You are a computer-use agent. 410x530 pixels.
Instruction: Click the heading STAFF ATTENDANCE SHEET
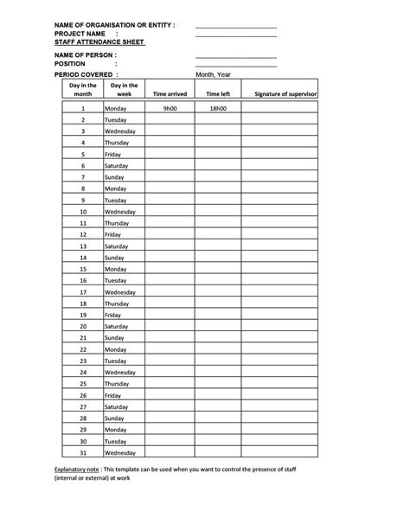tap(99, 41)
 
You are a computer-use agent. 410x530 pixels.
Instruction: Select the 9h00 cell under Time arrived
tap(170, 109)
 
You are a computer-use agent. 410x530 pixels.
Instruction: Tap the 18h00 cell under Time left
tap(217, 109)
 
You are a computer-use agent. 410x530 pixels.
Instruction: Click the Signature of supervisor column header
tap(285, 93)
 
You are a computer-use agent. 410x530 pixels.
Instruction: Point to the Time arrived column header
tap(170, 93)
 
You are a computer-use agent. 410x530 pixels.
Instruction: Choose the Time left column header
tap(217, 93)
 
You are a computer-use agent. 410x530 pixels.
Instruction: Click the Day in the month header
tap(83, 89)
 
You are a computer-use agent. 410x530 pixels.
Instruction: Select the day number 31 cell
tap(83, 452)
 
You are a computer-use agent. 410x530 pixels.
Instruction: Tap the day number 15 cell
tap(83, 269)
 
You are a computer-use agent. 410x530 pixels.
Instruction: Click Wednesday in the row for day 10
tap(120, 212)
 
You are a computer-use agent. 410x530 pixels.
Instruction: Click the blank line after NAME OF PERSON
tap(235, 54)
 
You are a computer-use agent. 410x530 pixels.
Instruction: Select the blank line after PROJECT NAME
tap(235, 35)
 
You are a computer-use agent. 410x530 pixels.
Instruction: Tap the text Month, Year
tap(214, 75)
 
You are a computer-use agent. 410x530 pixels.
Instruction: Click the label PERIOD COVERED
tap(84, 75)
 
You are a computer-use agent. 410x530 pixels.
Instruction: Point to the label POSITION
tap(69, 63)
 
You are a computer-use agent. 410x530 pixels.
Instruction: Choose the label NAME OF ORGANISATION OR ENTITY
tap(114, 25)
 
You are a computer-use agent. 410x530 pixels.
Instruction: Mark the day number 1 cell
tap(83, 109)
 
